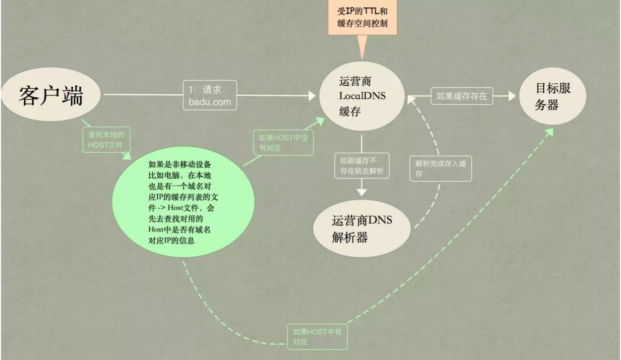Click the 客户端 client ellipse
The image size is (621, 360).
coord(51,94)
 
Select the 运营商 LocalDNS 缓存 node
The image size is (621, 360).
coord(362,96)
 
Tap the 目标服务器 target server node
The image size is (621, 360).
coord(553,96)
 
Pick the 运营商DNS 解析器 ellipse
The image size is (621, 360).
coord(362,229)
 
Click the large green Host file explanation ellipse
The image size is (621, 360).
coord(183,202)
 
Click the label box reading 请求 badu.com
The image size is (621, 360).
coord(210,95)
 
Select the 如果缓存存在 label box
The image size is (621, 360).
coord(462,96)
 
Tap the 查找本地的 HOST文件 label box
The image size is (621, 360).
coord(106,140)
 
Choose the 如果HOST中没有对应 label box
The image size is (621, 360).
coord(283,143)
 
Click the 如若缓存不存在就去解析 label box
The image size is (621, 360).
coord(362,166)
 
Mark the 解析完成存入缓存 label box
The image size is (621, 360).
coord(440,169)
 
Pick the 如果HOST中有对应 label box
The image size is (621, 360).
coord(317,337)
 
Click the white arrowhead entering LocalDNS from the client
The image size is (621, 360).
coord(312,96)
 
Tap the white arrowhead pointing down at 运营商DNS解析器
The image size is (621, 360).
coord(362,192)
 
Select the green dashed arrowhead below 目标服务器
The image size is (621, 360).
coord(549,132)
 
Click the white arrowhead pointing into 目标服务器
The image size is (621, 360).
coord(512,96)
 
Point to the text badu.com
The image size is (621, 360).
coord(210,102)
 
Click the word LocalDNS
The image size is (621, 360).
coord(362,96)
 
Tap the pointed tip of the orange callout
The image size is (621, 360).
coord(362,60)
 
